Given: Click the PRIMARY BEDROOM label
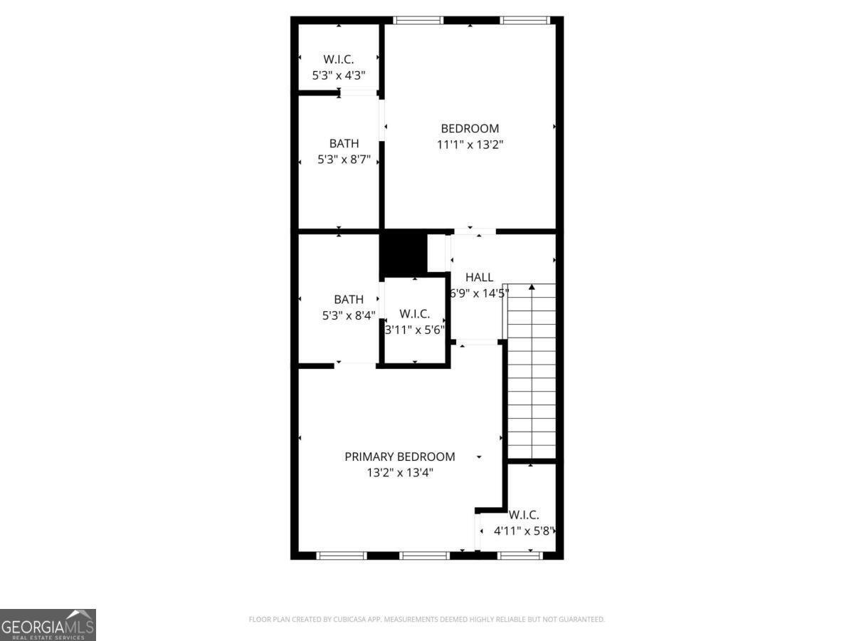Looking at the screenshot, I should [399, 457].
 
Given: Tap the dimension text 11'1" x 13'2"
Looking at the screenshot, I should [470, 144].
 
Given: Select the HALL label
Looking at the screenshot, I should [479, 277].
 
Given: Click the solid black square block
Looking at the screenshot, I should [403, 254].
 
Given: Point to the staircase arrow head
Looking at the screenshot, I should [531, 287].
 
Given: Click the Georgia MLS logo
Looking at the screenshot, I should [48, 625].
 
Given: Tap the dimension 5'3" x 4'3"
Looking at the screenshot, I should [339, 74].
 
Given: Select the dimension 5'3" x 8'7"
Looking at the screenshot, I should [344, 160].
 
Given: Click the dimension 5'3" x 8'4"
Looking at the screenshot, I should [349, 316].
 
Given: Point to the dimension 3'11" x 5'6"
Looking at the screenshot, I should [415, 330].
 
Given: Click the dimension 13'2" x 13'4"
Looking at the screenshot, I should [399, 472].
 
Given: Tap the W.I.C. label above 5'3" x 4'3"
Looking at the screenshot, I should [339, 59].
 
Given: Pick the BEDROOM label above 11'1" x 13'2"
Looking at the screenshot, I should [470, 128].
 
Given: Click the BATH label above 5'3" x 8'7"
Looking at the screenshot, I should [344, 144].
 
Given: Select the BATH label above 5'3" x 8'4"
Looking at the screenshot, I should [349, 300].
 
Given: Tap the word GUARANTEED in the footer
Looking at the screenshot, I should [581, 620].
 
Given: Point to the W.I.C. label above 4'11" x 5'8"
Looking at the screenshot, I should [524, 515].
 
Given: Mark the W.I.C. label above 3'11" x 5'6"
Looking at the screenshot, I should [414, 313].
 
